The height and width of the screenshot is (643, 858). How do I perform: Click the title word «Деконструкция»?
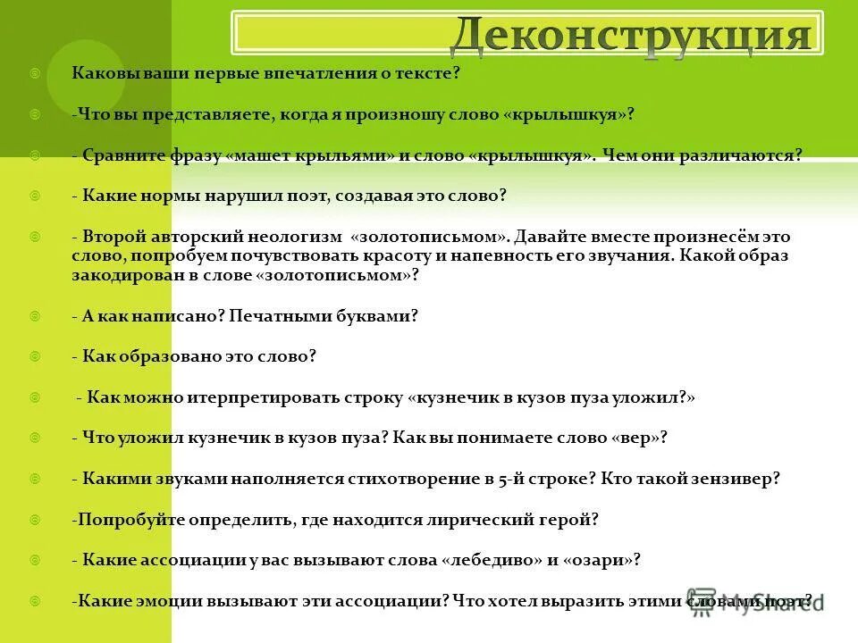click(631, 35)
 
